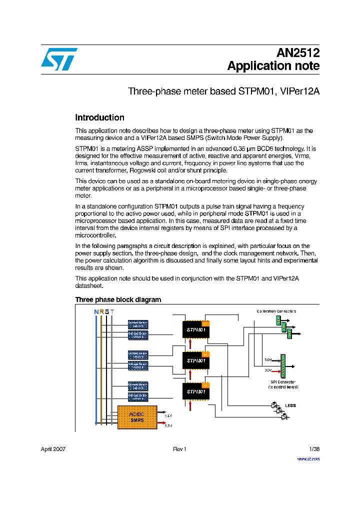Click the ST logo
59,59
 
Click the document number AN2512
298,53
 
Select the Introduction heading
99,118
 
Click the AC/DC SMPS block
136,417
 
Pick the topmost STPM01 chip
196,329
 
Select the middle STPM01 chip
196,360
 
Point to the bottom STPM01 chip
196,391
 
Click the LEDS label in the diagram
290,405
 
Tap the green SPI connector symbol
283,365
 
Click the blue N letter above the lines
96,312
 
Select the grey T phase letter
112,312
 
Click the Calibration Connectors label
276,311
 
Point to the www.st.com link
308,458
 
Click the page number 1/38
314,449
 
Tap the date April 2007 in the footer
53,449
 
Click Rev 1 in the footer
179,449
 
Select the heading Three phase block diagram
118,299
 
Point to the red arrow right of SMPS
161,424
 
